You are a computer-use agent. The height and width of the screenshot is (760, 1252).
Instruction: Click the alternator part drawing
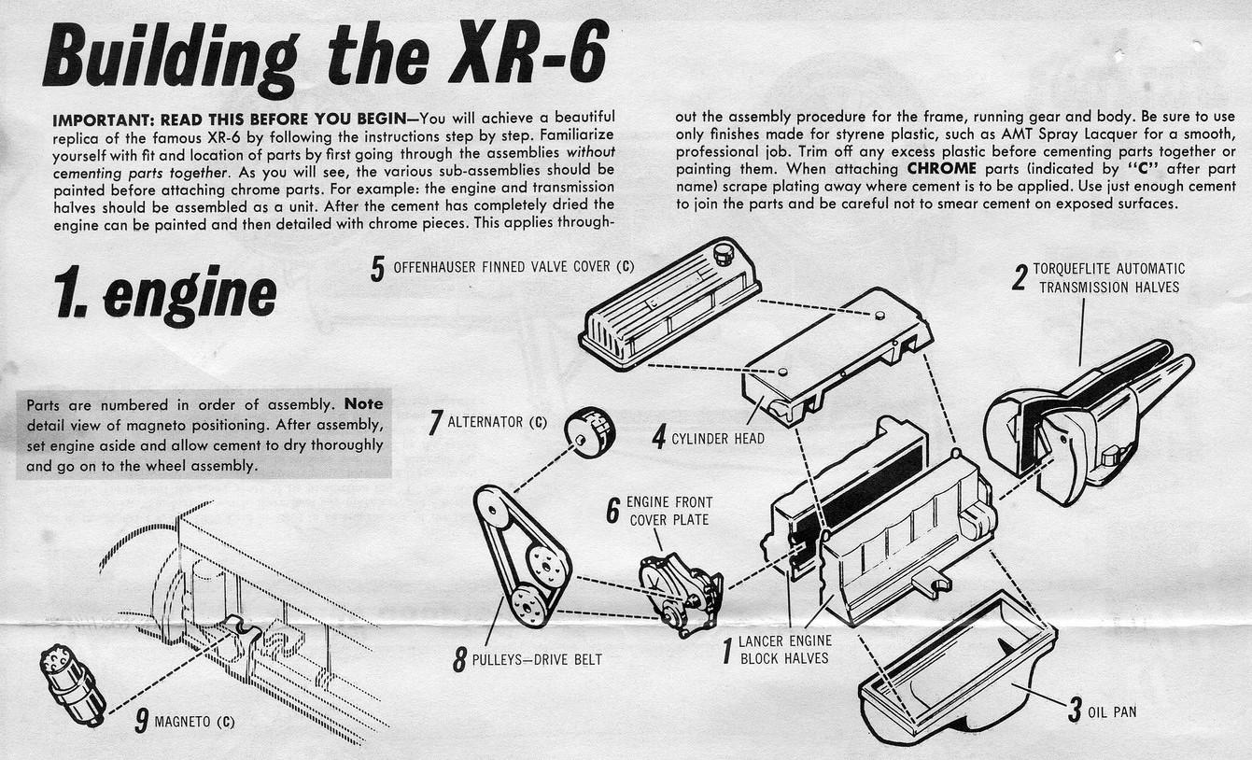pos(589,431)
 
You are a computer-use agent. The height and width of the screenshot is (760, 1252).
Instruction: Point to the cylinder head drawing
pos(836,355)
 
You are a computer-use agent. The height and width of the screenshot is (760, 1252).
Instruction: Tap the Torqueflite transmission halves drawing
pos(1083,420)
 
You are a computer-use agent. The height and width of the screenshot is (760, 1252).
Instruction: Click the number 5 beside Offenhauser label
pos(377,268)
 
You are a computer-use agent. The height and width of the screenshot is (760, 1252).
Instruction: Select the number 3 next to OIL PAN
pos(1074,710)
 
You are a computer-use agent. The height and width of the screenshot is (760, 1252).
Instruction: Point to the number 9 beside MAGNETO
pos(141,721)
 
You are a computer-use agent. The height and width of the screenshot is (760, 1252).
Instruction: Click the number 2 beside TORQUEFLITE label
pos(1020,277)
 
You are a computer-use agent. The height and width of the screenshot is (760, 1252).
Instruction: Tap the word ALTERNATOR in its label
pos(485,422)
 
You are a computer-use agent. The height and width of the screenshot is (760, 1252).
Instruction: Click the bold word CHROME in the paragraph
pos(940,169)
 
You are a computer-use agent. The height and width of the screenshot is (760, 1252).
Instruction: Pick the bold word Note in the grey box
pos(363,405)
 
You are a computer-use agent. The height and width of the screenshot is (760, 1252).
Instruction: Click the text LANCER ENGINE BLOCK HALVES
pos(784,650)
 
